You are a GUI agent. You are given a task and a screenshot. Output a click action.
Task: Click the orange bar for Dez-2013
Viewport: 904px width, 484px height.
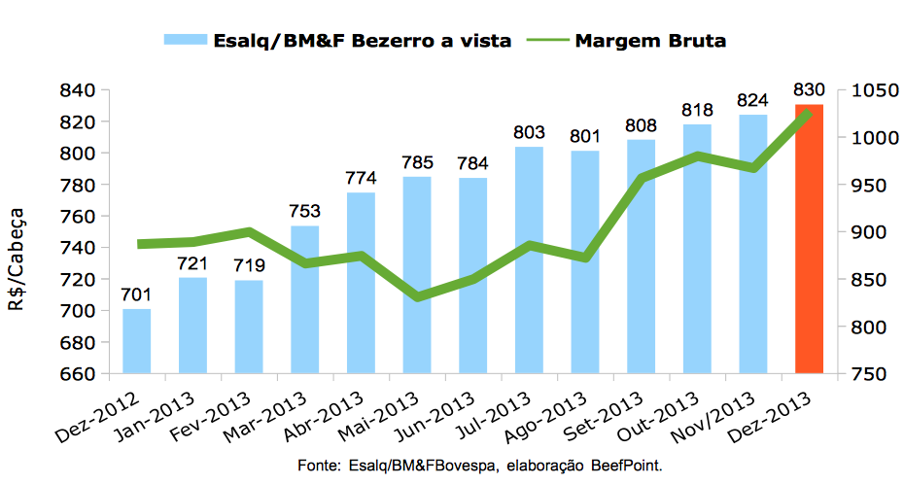809,238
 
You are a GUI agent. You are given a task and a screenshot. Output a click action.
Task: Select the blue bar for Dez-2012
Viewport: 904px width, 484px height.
137,340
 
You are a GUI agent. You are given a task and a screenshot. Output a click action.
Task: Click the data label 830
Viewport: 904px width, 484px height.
810,90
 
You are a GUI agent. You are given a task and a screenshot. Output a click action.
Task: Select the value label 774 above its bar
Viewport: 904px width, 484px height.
361,179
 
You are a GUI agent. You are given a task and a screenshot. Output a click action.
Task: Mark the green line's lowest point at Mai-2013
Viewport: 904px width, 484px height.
418,296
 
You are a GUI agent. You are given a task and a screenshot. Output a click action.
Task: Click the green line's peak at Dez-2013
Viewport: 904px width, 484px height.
808,113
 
